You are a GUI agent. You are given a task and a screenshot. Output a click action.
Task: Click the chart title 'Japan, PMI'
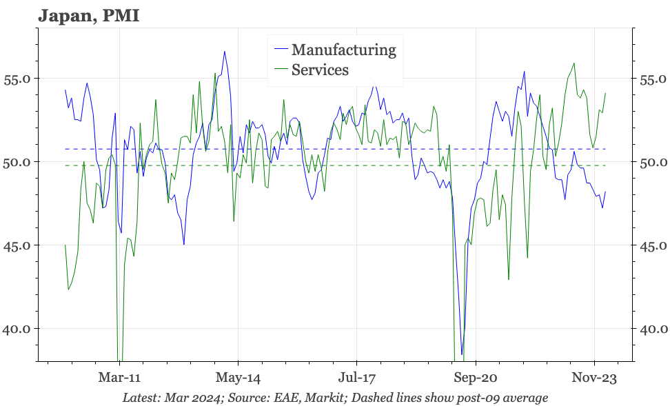click(x=89, y=15)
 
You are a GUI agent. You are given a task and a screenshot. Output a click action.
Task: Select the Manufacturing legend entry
click(x=343, y=50)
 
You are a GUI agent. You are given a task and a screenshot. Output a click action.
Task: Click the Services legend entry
click(x=320, y=70)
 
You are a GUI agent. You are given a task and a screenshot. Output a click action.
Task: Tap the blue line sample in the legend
click(x=280, y=50)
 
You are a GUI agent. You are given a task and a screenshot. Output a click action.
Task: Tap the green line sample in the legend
click(x=280, y=70)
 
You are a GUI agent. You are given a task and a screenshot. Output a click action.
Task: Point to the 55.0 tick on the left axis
click(x=17, y=79)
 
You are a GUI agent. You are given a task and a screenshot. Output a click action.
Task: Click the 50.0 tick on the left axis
click(x=17, y=162)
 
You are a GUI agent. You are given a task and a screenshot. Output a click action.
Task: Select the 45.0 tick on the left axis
click(x=17, y=245)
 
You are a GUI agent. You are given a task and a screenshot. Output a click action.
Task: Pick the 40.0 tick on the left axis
click(x=17, y=329)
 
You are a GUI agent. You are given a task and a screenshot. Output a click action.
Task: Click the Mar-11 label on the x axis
click(x=119, y=378)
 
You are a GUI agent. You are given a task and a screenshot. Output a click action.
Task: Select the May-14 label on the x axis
click(x=238, y=378)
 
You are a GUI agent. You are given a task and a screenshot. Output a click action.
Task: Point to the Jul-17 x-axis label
click(x=357, y=378)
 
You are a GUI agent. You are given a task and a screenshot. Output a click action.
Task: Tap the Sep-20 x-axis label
click(x=476, y=378)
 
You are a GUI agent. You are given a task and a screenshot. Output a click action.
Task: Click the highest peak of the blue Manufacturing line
click(x=224, y=52)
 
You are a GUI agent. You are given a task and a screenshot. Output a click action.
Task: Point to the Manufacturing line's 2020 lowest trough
click(x=462, y=354)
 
